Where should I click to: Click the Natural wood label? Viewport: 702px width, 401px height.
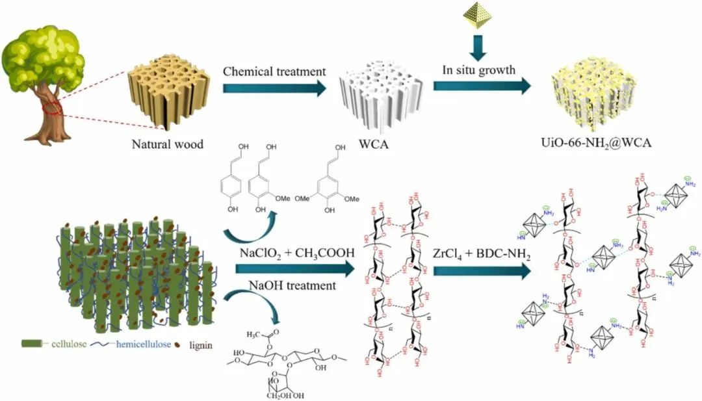[166, 144]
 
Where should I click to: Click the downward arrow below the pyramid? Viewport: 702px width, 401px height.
[478, 49]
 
